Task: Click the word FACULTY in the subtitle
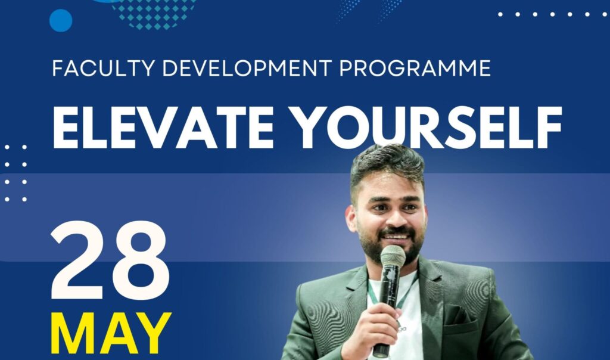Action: (104, 68)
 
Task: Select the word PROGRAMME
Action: (415, 68)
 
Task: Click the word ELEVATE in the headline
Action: (163, 128)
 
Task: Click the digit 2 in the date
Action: (78, 260)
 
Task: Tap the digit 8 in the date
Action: (140, 260)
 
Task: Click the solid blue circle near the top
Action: (61, 20)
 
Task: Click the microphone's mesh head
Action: (393, 256)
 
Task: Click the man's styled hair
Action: (387, 166)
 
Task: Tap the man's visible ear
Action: (352, 218)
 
